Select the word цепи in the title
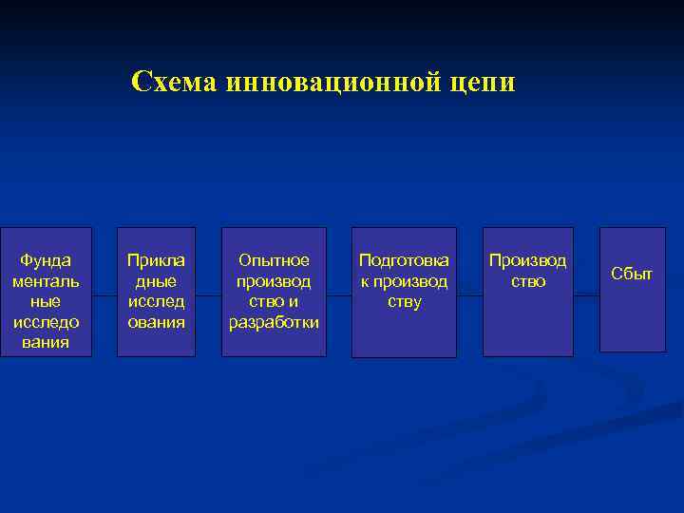point(484,83)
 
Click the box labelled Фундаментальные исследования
point(47,292)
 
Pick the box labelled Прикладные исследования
point(156,292)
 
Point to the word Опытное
point(274,260)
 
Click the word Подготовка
point(404,260)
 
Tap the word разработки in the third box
point(274,323)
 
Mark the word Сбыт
point(632,274)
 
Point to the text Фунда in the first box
point(47,260)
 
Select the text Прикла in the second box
point(156,260)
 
